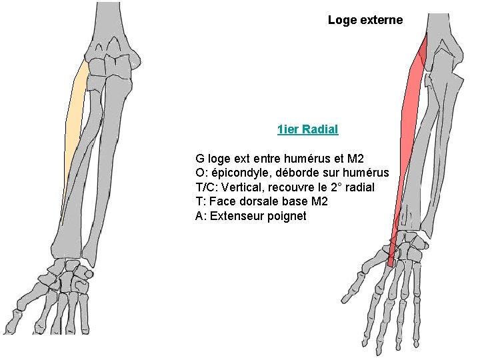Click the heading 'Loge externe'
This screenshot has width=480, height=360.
coord(365,20)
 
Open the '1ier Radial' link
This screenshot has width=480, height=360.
coord(308,129)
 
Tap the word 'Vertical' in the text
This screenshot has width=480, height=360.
coord(248,187)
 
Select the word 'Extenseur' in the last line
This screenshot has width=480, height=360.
coord(237,216)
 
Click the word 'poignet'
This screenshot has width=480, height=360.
coord(286,216)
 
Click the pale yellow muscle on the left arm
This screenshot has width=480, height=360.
coord(75,120)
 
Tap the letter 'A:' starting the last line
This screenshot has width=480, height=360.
coord(201,216)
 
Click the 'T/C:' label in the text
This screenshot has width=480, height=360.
coord(209,187)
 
